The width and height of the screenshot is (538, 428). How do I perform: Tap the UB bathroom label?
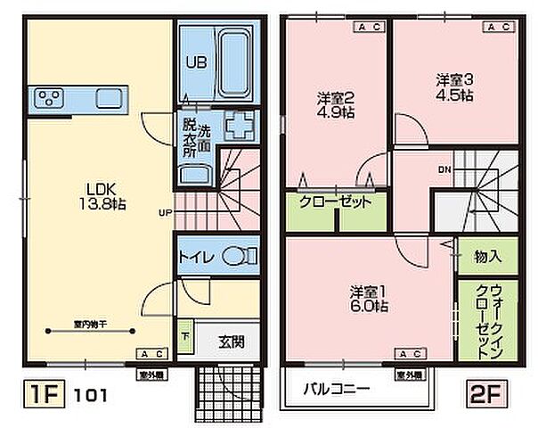click(x=195, y=62)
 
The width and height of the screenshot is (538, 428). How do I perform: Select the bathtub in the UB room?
click(x=233, y=62)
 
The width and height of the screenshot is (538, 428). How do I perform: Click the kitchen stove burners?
click(x=48, y=97)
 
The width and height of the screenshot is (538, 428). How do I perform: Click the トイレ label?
click(x=195, y=258)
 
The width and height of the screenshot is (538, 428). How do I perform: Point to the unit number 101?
click(x=89, y=393)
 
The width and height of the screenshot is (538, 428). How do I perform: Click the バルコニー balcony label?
click(x=337, y=390)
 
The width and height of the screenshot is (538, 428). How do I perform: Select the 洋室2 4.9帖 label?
click(x=338, y=104)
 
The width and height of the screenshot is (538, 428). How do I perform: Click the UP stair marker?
click(x=166, y=213)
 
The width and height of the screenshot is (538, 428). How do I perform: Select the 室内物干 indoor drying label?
click(x=86, y=325)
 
